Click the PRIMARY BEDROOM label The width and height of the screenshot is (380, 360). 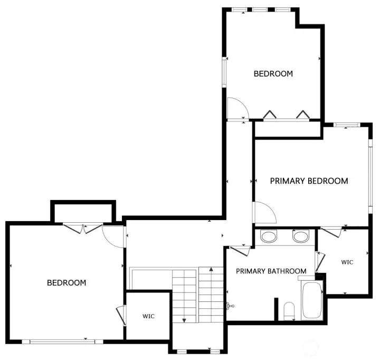coord(309,181)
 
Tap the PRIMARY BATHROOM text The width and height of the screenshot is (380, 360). coord(271,271)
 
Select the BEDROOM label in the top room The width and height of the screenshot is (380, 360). coord(273,74)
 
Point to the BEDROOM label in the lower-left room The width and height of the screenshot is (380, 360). coord(66,283)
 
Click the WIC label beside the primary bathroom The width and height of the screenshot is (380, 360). coord(347,262)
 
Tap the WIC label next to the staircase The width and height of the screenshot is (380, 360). coord(148,317)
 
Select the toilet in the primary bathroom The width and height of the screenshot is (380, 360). coord(289,310)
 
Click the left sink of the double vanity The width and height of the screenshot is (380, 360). coord(268,236)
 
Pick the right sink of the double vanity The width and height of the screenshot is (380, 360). coord(301,236)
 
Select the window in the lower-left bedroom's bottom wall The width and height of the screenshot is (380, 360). coord(59,342)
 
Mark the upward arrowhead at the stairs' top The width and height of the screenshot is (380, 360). coord(211,270)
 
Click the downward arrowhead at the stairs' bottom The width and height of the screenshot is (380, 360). coord(184,319)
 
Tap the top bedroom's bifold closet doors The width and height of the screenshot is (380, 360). coord(286,115)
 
